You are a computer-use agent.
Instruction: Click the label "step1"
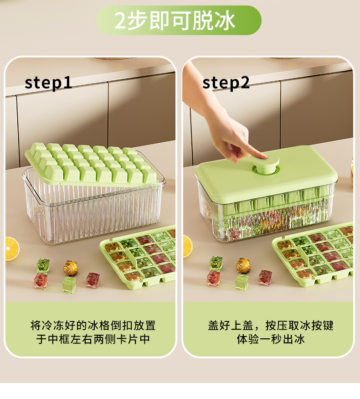[x=48, y=83]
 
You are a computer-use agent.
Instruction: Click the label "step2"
[x=226, y=83]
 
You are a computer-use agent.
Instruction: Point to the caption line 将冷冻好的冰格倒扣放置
[x=93, y=326]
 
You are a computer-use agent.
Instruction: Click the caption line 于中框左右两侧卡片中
[x=93, y=340]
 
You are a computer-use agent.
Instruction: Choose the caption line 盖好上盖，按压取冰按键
[x=271, y=326]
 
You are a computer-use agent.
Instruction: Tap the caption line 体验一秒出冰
[x=271, y=340]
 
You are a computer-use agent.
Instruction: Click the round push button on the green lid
[x=267, y=164]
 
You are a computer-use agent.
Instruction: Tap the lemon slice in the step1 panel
[x=12, y=249]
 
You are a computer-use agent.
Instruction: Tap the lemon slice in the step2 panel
[x=187, y=246]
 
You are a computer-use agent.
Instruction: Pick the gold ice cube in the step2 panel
[x=243, y=265]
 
